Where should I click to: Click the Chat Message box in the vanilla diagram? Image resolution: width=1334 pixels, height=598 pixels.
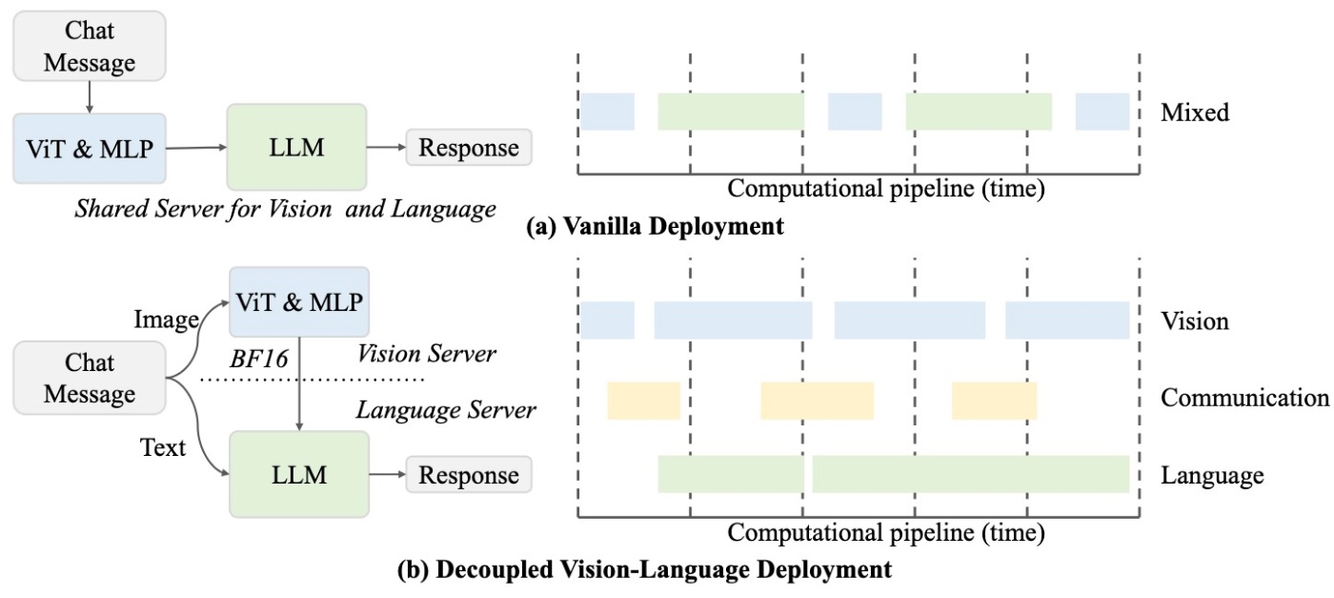(90, 46)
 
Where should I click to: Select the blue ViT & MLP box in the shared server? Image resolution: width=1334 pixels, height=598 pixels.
(90, 149)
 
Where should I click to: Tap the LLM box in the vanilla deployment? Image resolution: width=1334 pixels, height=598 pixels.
(296, 147)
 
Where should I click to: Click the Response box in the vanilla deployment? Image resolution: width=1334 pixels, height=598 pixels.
(469, 147)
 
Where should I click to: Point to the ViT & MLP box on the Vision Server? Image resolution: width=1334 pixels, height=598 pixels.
(299, 301)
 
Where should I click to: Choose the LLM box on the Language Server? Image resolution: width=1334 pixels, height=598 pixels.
(299, 475)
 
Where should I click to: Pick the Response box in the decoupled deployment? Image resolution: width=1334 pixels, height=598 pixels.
(469, 475)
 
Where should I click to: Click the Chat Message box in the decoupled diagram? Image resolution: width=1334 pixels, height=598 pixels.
(90, 378)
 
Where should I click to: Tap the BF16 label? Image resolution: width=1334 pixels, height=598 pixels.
(258, 359)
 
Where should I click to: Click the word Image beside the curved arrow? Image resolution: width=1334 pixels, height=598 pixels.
(166, 320)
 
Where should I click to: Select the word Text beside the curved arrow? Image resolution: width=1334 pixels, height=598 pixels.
(163, 447)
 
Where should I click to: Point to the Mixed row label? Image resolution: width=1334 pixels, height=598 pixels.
(1195, 113)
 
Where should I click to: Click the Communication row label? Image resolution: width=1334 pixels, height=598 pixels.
(1244, 398)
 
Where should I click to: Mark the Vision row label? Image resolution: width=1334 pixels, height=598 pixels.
(1195, 320)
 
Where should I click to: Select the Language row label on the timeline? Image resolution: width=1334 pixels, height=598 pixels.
(1212, 475)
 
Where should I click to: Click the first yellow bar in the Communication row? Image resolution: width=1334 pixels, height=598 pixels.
(644, 401)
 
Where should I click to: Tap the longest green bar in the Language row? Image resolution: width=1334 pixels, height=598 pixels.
(971, 474)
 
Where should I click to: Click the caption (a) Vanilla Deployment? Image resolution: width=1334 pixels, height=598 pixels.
(655, 226)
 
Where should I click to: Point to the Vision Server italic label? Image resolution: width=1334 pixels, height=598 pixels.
(427, 354)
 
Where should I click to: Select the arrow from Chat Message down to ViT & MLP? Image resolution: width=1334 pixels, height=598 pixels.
(90, 97)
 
